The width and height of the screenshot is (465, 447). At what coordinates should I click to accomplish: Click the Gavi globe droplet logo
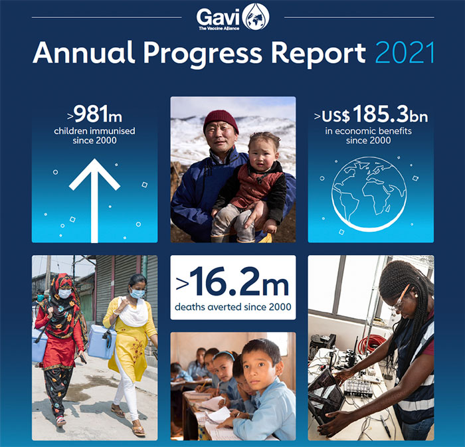[x=256, y=17]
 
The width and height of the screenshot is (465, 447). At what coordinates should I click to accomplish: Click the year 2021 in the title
[x=405, y=52]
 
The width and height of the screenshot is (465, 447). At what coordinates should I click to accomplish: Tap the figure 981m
[x=98, y=114]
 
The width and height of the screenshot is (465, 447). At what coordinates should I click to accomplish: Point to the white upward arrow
[x=94, y=201]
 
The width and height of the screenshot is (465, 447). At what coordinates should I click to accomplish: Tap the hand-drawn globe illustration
[x=369, y=194]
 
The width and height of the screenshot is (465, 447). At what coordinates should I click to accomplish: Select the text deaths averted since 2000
[x=233, y=307]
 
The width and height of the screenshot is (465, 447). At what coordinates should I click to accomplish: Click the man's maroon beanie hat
[x=221, y=120]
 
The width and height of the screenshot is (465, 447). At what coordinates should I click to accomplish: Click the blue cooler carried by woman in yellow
[x=102, y=341]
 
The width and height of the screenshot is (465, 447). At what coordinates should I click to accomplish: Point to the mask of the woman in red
[x=64, y=294]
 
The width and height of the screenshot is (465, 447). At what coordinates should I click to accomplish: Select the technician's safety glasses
[x=399, y=300]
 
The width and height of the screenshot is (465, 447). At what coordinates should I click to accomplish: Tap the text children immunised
[x=94, y=131]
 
